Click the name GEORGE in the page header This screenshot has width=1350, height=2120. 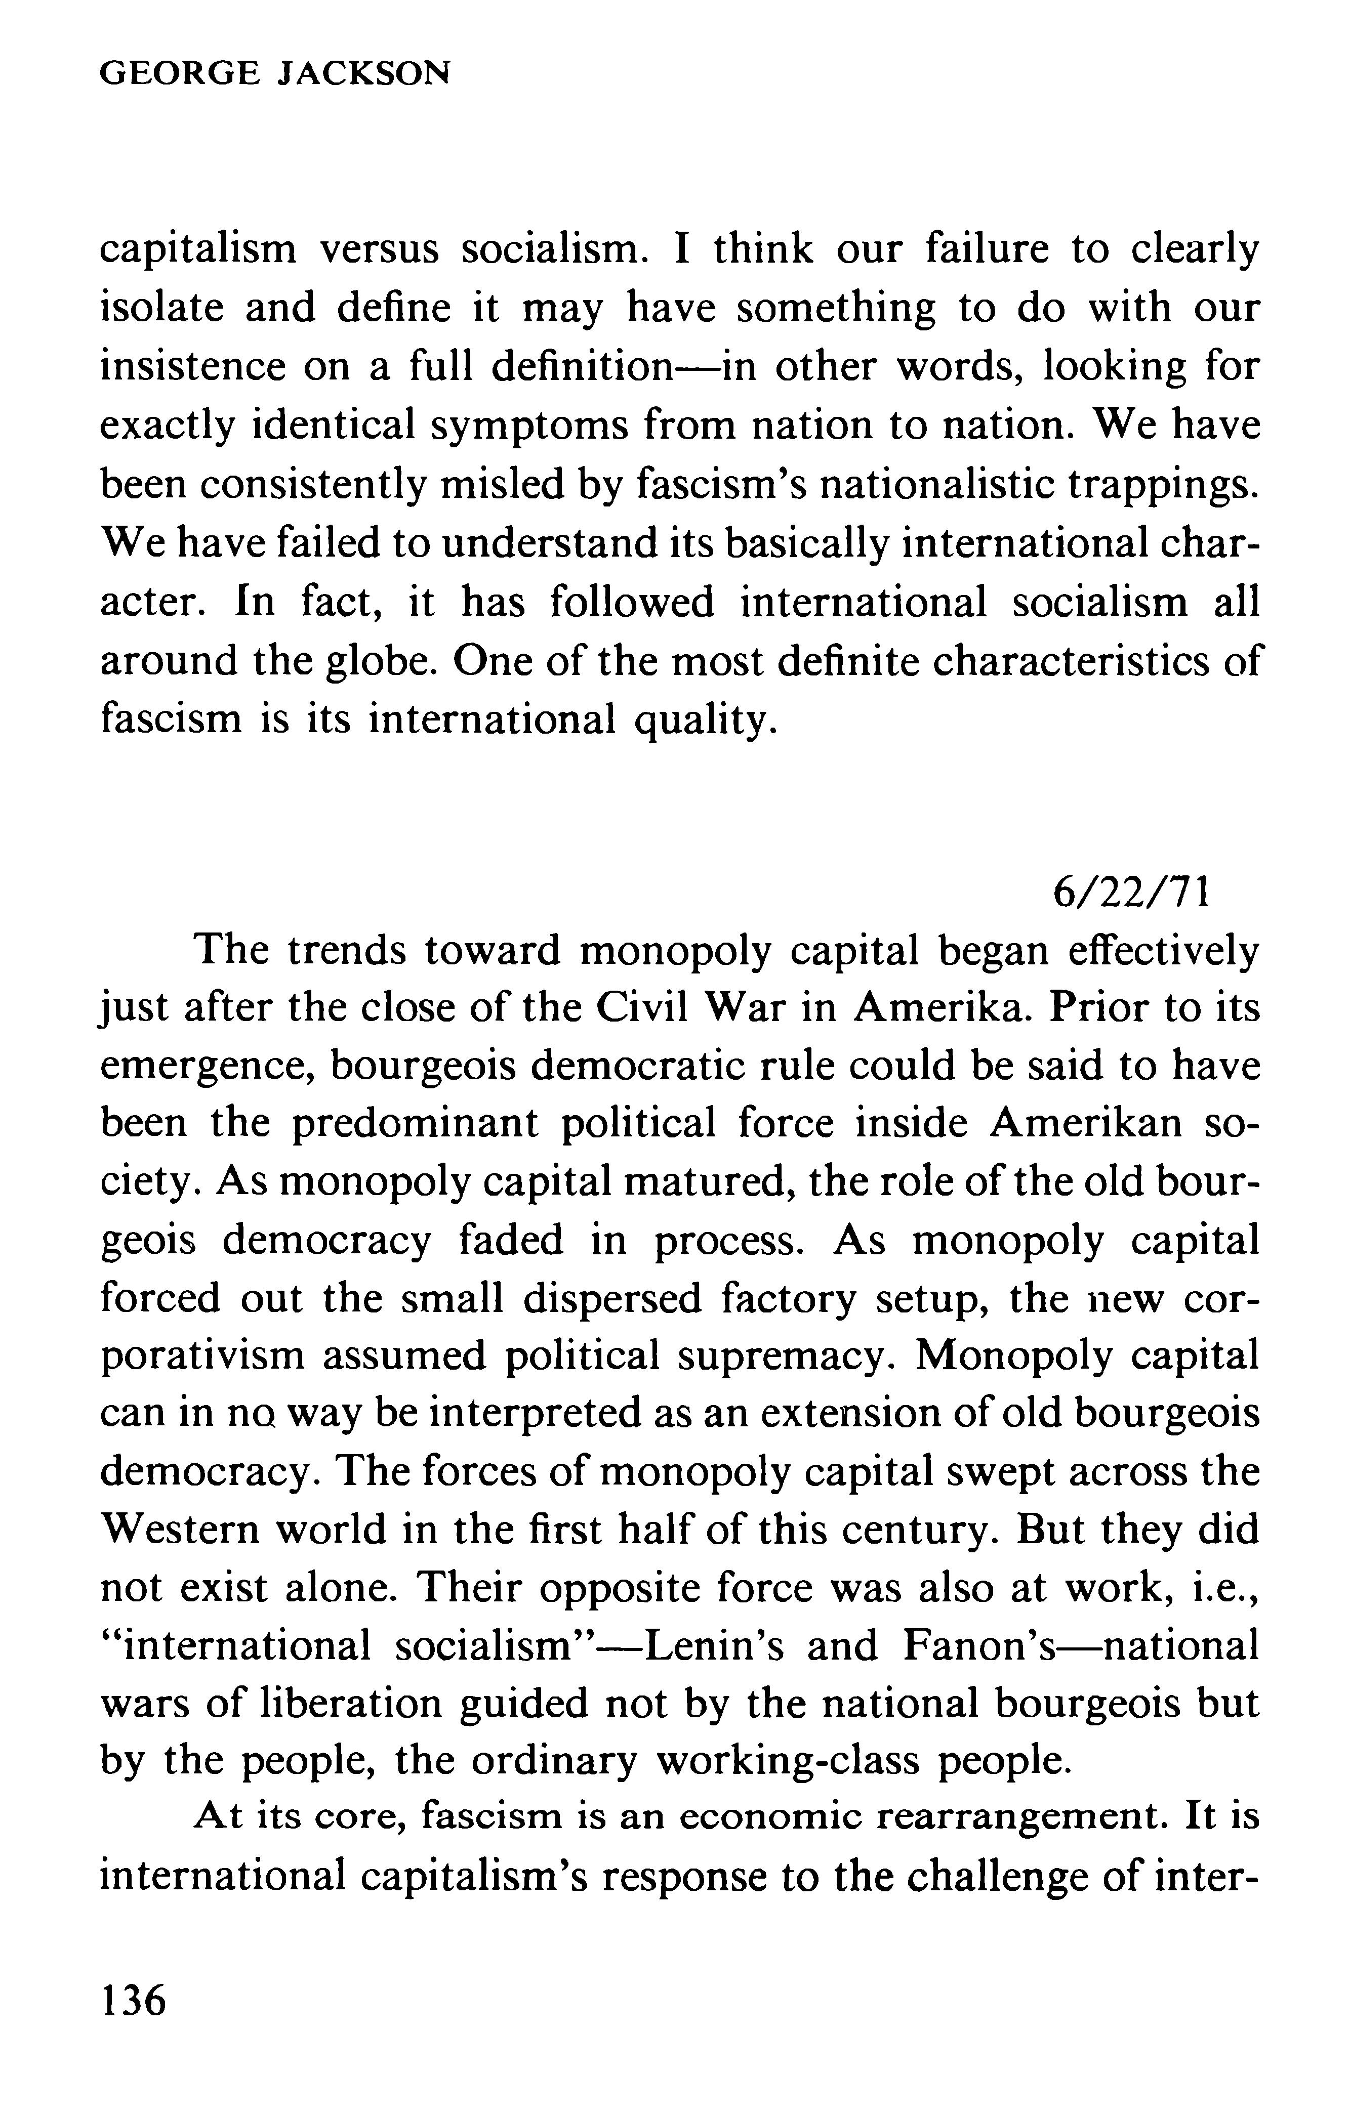pyautogui.click(x=181, y=73)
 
